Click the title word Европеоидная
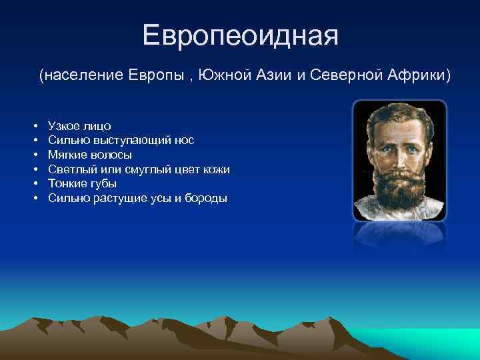pos(241,35)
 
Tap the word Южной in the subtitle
pos(222,75)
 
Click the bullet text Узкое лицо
pos(79,126)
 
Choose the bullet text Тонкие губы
pos(82,184)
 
